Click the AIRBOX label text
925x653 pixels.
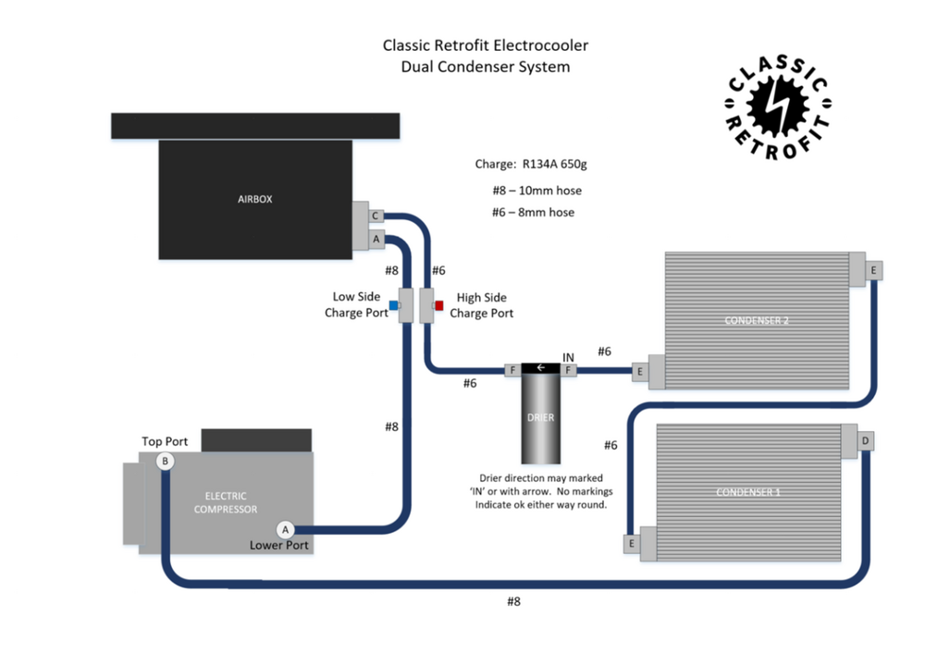coord(254,198)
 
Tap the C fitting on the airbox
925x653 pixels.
coord(376,216)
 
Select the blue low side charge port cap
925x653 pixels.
coord(394,304)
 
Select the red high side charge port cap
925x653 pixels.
coord(438,304)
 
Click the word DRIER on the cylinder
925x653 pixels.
coord(541,417)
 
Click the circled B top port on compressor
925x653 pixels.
coord(165,461)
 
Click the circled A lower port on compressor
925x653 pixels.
coord(286,529)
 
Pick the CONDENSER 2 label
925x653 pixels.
coord(757,321)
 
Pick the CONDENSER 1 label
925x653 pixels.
coord(748,492)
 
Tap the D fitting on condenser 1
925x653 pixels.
coord(865,441)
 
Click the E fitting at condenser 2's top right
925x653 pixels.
coord(872,269)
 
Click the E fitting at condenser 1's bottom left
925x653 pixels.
coord(632,544)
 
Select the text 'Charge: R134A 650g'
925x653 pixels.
coord(531,165)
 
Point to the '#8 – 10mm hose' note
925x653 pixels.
coord(536,191)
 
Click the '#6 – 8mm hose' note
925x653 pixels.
coord(533,212)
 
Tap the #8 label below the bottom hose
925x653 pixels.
coord(514,602)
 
